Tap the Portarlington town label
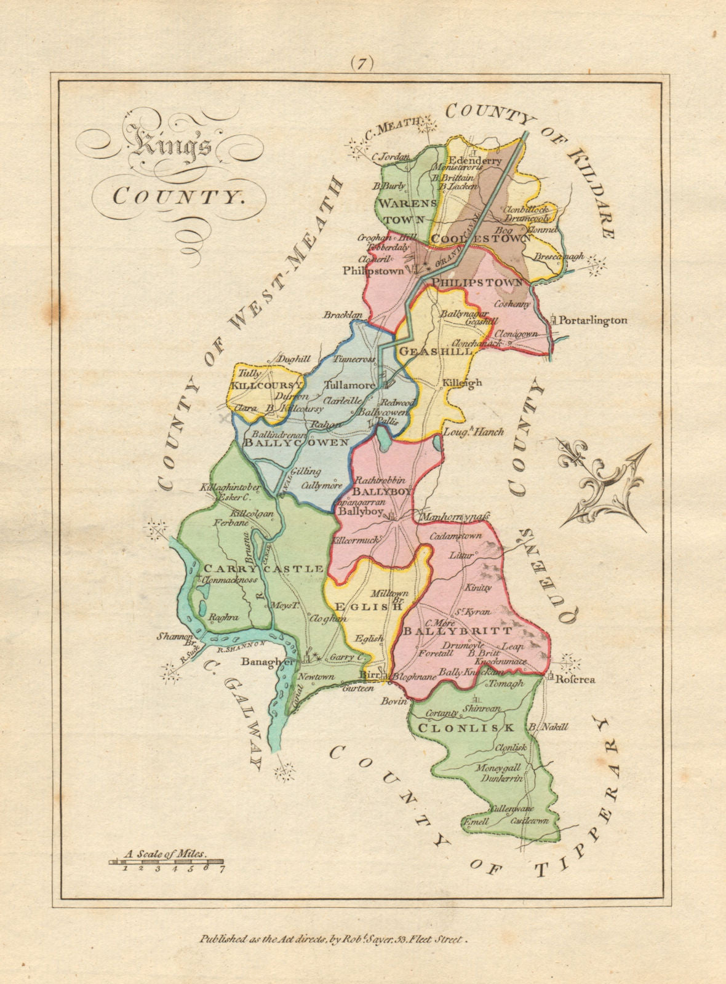coord(592,320)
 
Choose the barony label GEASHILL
coord(436,351)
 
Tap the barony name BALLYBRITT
coord(457,631)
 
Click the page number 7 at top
coord(363,63)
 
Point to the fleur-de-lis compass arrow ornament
coord(602,485)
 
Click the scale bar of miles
coord(167,863)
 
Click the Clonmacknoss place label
coord(230,580)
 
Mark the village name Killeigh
coord(461,383)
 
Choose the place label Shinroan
coord(484,708)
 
